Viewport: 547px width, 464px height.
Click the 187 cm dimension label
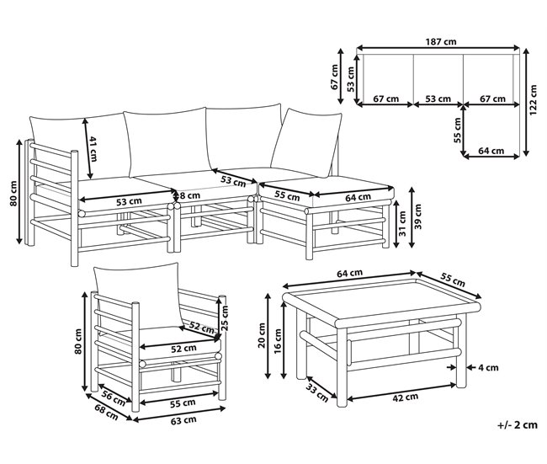(x=441, y=41)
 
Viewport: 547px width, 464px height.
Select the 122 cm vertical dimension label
(x=534, y=100)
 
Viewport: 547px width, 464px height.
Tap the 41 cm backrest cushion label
(x=93, y=149)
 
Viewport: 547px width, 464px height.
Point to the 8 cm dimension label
(x=189, y=195)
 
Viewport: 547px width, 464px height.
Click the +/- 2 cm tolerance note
(x=518, y=425)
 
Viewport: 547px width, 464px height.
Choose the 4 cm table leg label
(x=488, y=368)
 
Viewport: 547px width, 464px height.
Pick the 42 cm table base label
(x=405, y=397)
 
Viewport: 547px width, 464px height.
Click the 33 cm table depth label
(x=317, y=392)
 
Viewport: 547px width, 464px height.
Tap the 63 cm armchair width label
(x=183, y=420)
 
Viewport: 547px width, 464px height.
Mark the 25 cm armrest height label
(x=225, y=318)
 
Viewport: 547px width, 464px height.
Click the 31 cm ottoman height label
(x=402, y=223)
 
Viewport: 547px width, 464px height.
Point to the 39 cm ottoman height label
(x=418, y=216)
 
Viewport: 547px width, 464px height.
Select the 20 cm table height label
(x=262, y=335)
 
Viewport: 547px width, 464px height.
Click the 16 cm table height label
(x=278, y=341)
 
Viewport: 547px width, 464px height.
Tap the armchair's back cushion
(x=139, y=296)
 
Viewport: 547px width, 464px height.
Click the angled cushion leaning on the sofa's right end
(x=306, y=143)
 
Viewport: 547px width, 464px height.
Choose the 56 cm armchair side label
(x=114, y=398)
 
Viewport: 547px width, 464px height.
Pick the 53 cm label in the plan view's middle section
(x=438, y=99)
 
